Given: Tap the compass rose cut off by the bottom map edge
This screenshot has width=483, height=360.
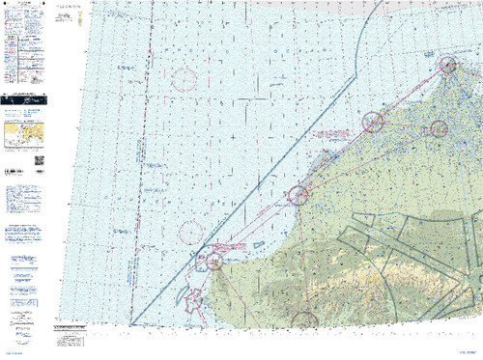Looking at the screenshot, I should [x=303, y=320].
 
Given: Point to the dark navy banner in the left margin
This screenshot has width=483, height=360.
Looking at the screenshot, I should [x=26, y=98].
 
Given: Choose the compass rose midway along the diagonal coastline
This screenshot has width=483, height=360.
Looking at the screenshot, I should [x=298, y=195].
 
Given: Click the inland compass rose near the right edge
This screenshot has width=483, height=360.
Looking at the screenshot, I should [x=440, y=127].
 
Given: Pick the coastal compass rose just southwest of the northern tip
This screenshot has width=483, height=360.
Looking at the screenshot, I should [x=373, y=122].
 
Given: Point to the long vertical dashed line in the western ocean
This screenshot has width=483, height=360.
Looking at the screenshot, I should [x=145, y=174].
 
